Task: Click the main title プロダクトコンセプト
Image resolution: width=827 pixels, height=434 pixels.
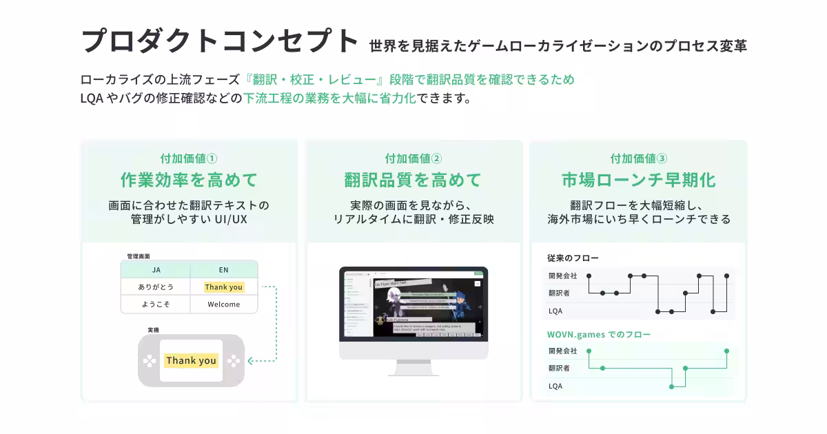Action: [x=220, y=41]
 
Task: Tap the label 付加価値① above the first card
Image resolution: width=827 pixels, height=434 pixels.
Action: [x=189, y=158]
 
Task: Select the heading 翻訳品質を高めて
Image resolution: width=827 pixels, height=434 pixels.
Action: [x=413, y=180]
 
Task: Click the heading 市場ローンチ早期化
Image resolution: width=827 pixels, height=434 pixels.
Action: [x=638, y=180]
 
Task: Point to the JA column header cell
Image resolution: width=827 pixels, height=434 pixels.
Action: [x=156, y=270]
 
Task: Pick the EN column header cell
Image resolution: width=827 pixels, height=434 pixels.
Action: [x=223, y=270]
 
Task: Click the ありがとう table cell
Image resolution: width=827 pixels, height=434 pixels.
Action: [x=156, y=287]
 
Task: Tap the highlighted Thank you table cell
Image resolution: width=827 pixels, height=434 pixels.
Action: [x=223, y=287]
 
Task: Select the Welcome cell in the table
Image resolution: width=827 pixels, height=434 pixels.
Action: [x=223, y=304]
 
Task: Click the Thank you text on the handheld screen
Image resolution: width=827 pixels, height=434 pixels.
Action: [x=191, y=360]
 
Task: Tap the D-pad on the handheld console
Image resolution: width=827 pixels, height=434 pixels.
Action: [x=149, y=360]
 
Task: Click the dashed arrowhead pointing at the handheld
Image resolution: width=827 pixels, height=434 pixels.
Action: [x=250, y=360]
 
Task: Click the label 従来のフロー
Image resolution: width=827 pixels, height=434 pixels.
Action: [x=573, y=258]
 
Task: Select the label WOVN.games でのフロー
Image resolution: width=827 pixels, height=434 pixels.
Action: [x=598, y=335]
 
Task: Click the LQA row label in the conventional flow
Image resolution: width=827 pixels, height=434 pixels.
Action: [x=555, y=311]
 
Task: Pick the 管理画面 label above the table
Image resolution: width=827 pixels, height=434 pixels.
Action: [x=139, y=256]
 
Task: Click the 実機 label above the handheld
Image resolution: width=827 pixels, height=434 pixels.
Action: [x=153, y=331]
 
